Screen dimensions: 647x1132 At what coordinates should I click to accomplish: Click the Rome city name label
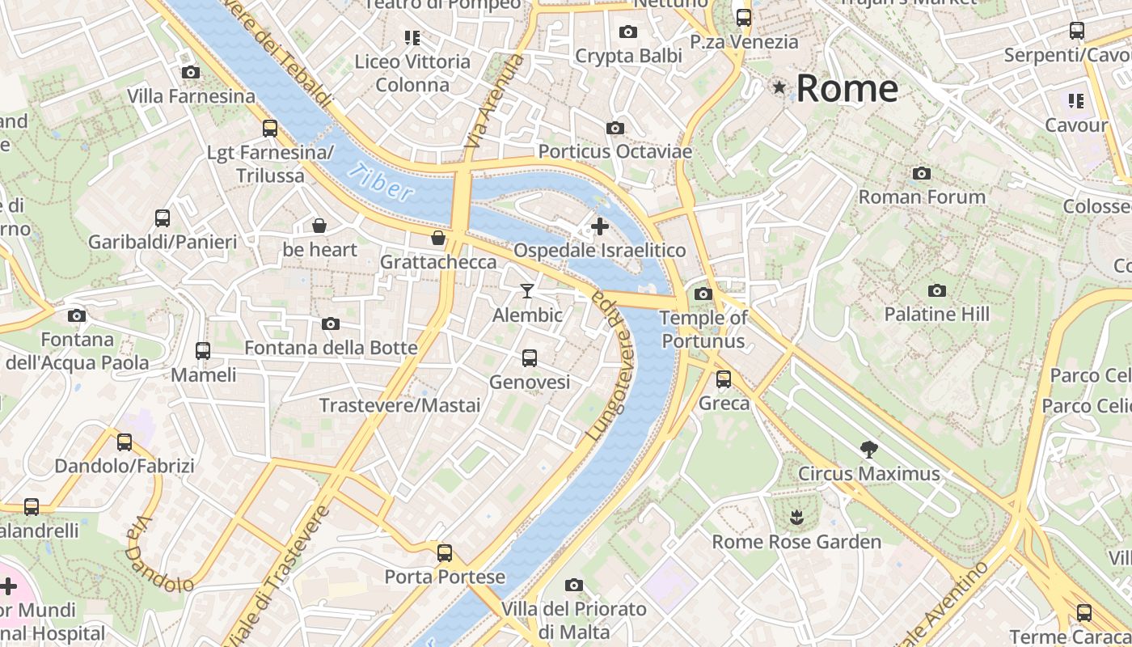tap(847, 88)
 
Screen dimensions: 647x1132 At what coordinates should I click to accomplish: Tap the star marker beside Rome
tap(779, 87)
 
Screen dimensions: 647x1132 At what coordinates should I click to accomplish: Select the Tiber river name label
tap(383, 182)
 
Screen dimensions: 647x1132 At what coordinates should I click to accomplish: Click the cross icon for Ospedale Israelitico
tap(599, 226)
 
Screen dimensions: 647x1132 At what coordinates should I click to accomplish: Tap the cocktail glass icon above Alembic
tap(527, 290)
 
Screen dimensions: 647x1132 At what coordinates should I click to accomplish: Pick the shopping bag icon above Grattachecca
tap(437, 238)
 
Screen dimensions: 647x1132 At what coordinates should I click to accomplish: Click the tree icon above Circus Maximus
tap(869, 449)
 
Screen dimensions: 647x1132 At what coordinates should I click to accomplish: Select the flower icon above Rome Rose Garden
tap(796, 517)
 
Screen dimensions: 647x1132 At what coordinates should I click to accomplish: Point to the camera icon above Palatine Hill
tap(936, 290)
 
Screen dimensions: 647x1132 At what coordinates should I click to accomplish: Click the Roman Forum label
tap(921, 197)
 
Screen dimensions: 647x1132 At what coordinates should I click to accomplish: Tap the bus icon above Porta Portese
tap(444, 553)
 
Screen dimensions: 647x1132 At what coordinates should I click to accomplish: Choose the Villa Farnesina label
tap(191, 96)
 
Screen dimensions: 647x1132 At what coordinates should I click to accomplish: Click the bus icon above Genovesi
tap(530, 357)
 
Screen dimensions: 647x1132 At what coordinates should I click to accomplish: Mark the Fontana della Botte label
tap(331, 348)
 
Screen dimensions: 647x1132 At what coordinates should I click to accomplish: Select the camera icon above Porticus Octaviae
tap(615, 128)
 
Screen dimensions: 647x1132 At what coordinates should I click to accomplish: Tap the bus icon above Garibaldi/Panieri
tap(163, 218)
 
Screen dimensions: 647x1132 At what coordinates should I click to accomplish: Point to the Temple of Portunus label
tap(703, 329)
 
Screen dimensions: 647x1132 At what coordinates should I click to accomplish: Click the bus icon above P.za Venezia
tap(743, 17)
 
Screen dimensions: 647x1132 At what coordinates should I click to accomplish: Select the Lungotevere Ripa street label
tap(608, 364)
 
